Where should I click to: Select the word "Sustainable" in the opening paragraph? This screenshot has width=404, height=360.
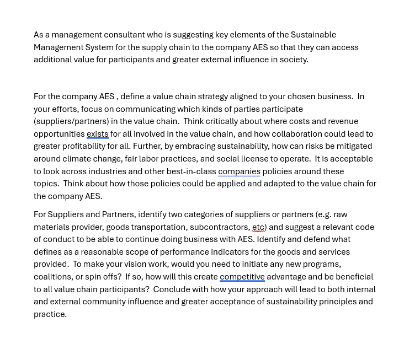pyautogui.click(x=313, y=35)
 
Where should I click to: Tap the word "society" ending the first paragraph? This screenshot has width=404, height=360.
pyautogui.click(x=294, y=60)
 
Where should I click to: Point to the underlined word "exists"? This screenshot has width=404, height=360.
pyautogui.click(x=97, y=134)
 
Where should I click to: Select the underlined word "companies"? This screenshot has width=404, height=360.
pyautogui.click(x=239, y=171)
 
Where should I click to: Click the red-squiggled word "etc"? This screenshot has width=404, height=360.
pyautogui.click(x=258, y=227)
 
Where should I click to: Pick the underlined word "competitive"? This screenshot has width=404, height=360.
pyautogui.click(x=242, y=277)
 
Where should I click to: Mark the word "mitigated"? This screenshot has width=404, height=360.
pyautogui.click(x=353, y=146)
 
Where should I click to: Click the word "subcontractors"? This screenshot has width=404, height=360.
pyautogui.click(x=219, y=227)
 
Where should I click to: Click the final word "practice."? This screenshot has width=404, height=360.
pyautogui.click(x=50, y=314)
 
